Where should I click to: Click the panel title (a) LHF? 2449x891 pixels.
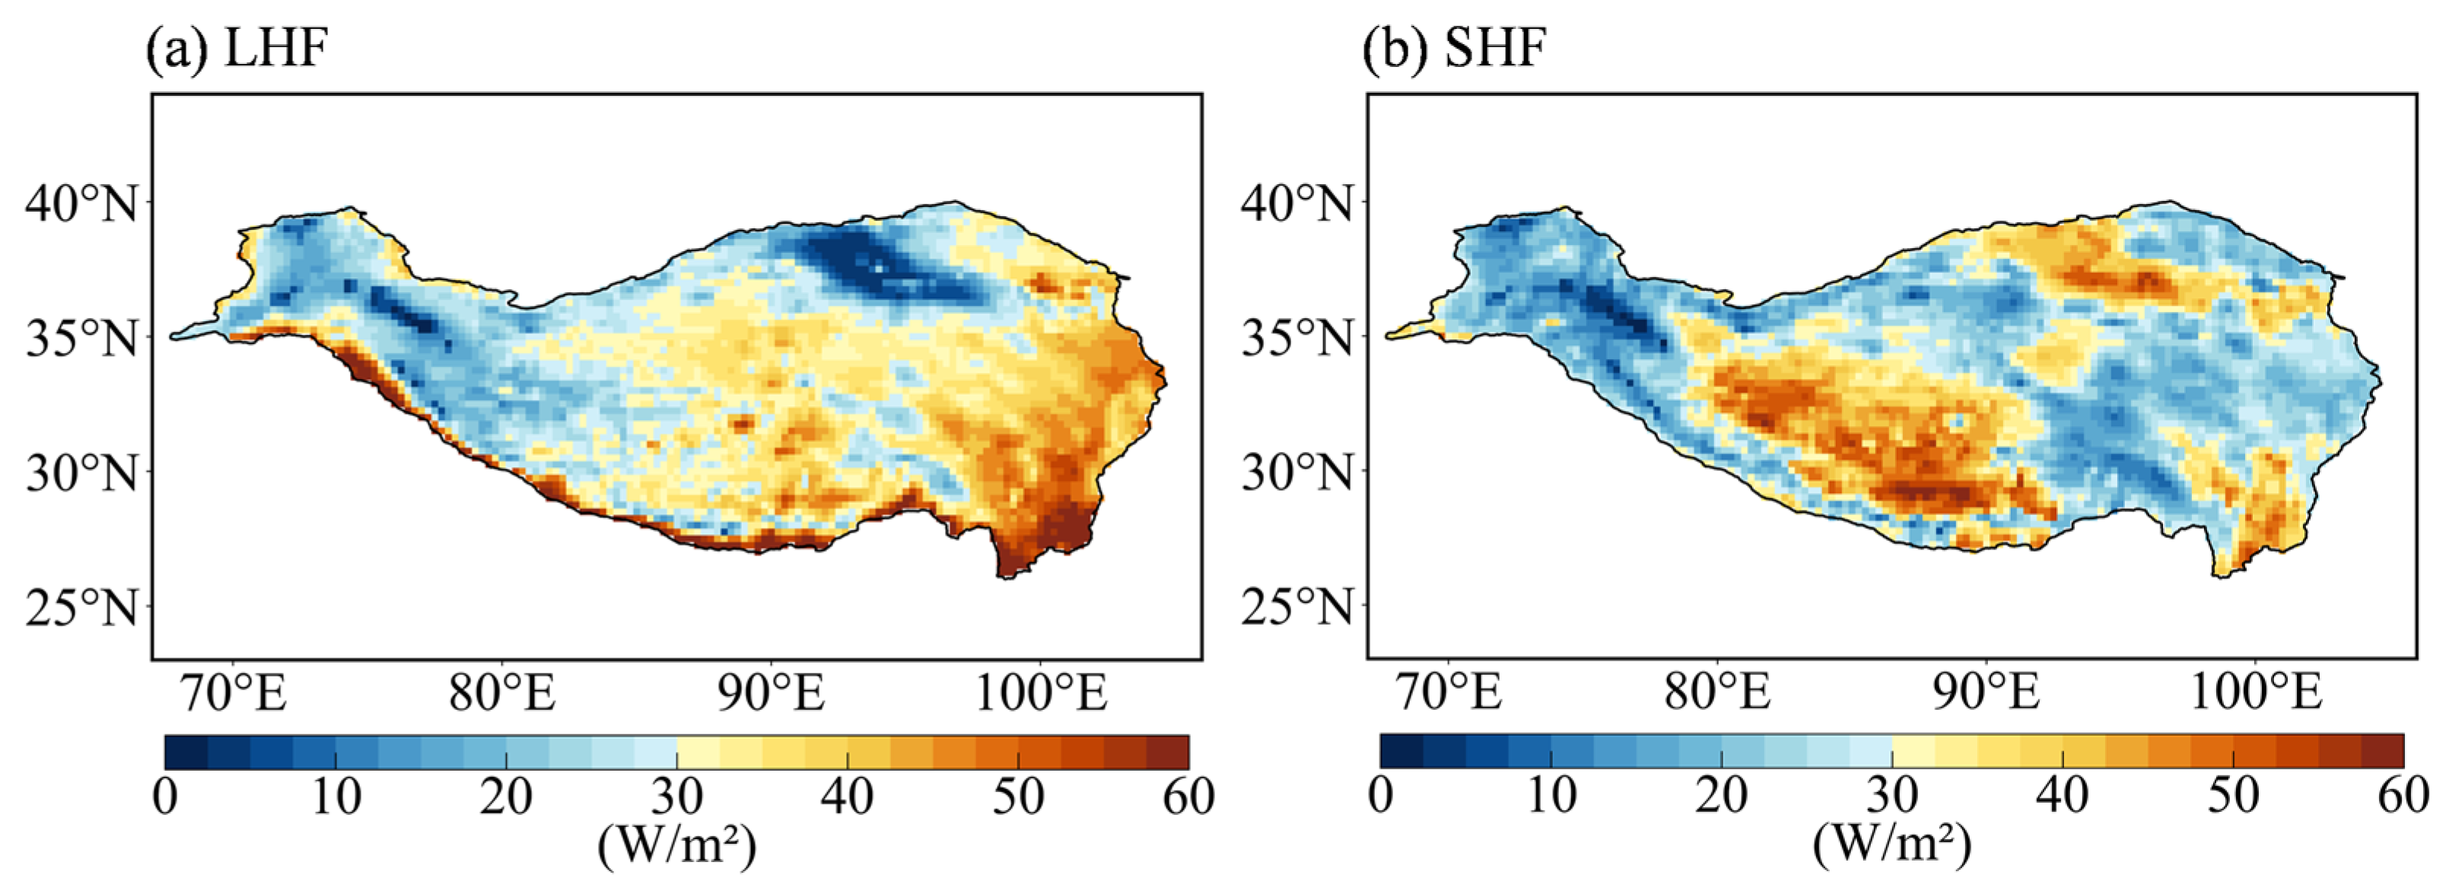click(x=237, y=47)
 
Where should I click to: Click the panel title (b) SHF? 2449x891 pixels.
click(x=1455, y=47)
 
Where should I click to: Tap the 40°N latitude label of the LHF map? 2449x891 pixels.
click(x=81, y=202)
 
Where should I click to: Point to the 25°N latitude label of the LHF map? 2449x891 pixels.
click(x=81, y=606)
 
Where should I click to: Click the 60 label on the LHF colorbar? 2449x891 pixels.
click(x=1188, y=797)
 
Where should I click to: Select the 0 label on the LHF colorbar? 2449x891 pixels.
click(x=165, y=797)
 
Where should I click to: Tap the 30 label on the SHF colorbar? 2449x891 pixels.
click(x=1892, y=797)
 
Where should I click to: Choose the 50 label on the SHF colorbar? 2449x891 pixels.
click(x=2233, y=797)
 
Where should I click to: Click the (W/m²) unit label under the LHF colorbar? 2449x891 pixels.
click(x=677, y=844)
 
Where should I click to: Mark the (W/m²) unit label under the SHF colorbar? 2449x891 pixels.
click(x=1892, y=844)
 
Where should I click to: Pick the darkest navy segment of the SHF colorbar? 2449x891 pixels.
click(x=1401, y=751)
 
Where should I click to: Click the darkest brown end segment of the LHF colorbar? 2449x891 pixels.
click(x=1168, y=751)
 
